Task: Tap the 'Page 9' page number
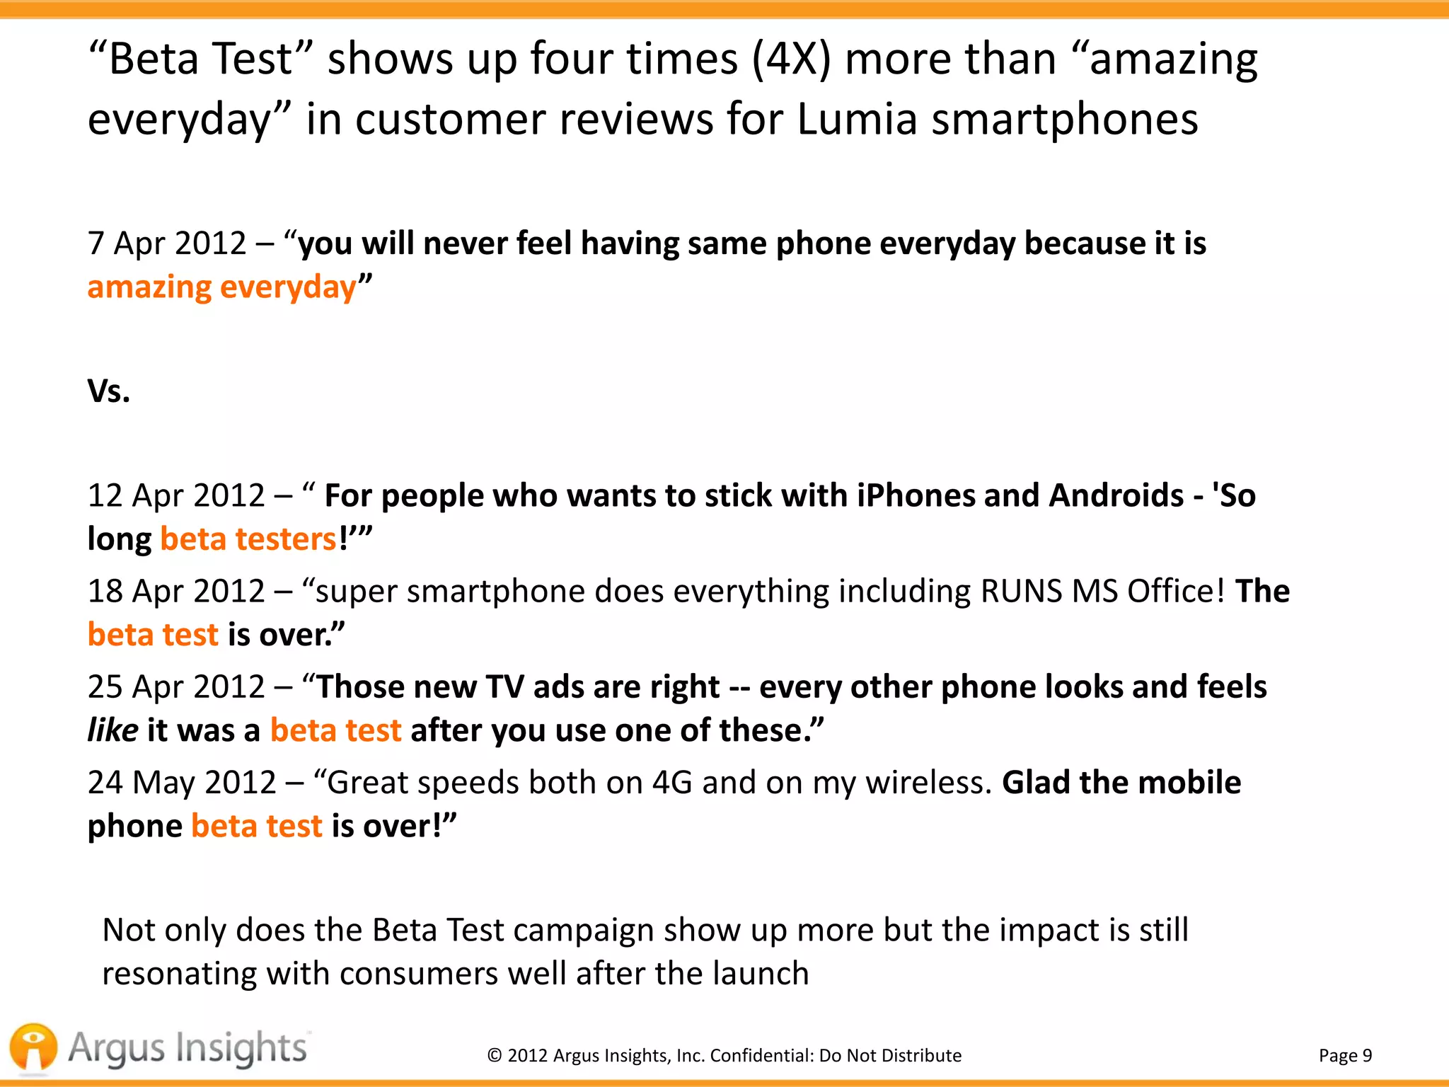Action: [x=1345, y=1055]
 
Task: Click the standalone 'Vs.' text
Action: [x=109, y=391]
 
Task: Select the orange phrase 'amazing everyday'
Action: [x=221, y=287]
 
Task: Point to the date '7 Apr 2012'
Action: [x=167, y=243]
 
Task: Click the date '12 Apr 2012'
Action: [x=176, y=495]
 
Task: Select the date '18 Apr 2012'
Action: [x=176, y=591]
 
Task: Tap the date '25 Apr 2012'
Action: [x=176, y=686]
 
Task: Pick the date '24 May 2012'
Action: [x=182, y=783]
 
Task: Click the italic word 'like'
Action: [x=112, y=730]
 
